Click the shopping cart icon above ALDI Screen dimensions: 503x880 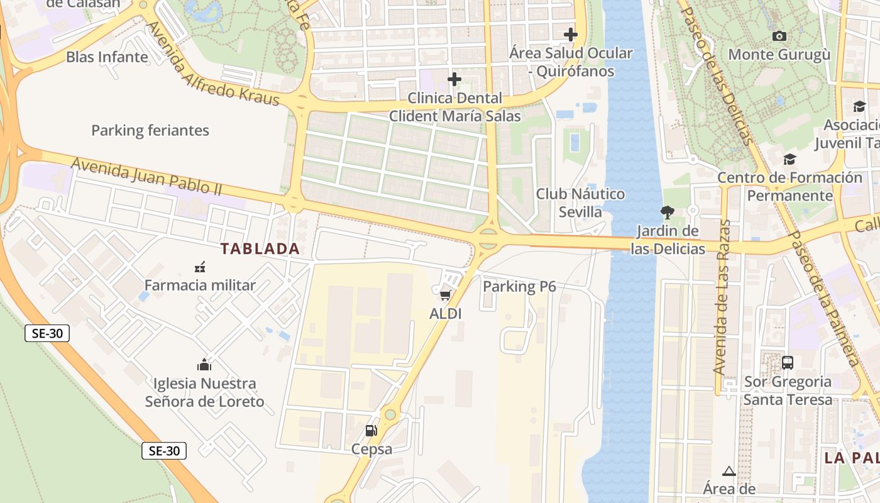pos(445,295)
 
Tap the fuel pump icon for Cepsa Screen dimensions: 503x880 pos(371,431)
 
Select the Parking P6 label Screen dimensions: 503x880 pos(519,287)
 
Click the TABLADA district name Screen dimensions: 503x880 pos(260,249)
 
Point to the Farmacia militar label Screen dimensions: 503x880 pos(200,285)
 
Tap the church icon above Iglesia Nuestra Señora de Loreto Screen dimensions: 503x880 pos(204,365)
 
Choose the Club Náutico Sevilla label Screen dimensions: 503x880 pos(580,202)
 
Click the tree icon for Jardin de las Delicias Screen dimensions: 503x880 pos(668,213)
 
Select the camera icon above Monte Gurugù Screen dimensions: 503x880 pos(779,36)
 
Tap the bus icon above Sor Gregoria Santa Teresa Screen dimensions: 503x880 pos(787,363)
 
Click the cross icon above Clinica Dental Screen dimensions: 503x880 pos(454,80)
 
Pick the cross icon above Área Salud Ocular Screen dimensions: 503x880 pos(570,35)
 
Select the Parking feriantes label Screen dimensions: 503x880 pos(150,131)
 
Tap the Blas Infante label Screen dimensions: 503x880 pos(107,57)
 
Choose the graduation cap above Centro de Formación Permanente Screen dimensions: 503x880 pos(789,160)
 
